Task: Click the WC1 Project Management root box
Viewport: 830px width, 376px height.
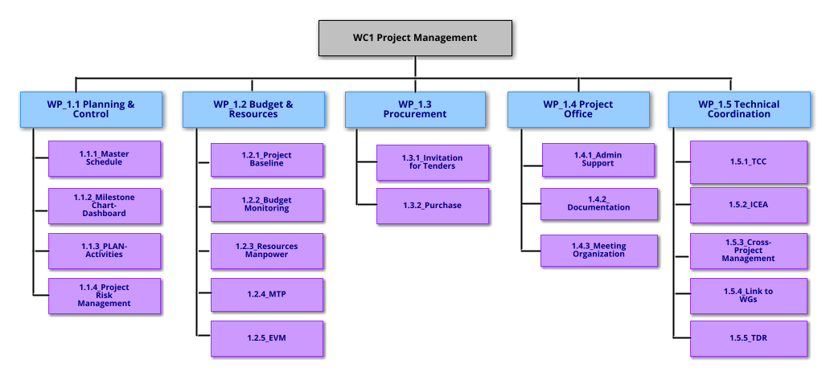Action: pos(415,38)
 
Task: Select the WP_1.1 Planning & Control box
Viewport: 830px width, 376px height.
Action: pos(91,109)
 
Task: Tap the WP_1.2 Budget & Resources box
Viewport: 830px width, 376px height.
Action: pos(253,109)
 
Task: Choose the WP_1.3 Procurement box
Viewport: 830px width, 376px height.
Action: pos(415,109)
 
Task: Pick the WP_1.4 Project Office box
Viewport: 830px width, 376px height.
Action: pos(577,109)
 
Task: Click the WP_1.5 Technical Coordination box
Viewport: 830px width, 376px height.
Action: pos(738,109)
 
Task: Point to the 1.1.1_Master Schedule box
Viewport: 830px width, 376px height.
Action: pos(105,158)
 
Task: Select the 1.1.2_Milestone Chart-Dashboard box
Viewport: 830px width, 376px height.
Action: pos(105,206)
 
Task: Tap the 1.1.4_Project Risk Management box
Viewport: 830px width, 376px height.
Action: pos(105,296)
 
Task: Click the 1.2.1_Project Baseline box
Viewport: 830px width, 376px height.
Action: pos(267,159)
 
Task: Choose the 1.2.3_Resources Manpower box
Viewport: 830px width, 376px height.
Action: pos(267,250)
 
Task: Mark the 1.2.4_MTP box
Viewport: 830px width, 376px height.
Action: pos(267,294)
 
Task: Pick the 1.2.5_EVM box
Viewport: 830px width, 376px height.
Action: pos(267,338)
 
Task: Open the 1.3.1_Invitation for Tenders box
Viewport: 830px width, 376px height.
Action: pos(432,162)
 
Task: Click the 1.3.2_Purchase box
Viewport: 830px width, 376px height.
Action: pos(432,206)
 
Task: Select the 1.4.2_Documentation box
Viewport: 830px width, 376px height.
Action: pos(599,204)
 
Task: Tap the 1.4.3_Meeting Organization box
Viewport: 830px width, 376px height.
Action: pos(599,250)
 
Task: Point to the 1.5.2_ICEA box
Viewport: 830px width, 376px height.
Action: pos(749,205)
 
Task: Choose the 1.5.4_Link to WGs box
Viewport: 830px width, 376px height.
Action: pos(749,295)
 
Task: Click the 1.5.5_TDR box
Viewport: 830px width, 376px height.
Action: pos(749,338)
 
